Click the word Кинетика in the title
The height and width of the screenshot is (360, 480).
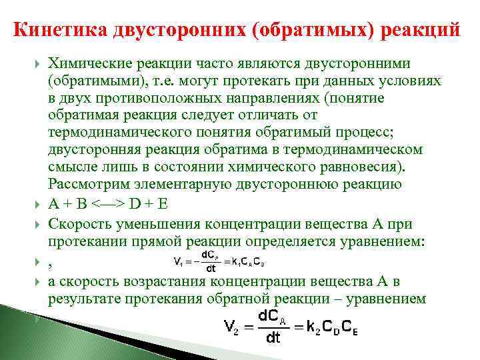click(52, 31)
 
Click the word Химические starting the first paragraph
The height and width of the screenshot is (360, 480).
click(89, 63)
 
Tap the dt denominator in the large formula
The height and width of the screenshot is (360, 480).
click(273, 338)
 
